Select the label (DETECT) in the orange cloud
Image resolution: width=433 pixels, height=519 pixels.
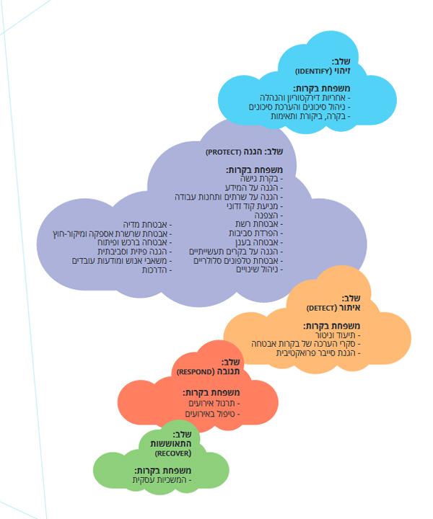(323, 308)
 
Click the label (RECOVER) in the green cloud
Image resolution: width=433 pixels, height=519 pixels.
(173, 454)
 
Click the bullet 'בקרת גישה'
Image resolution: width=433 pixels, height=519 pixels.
(261, 178)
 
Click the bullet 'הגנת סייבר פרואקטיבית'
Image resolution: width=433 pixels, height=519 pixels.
(328, 352)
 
